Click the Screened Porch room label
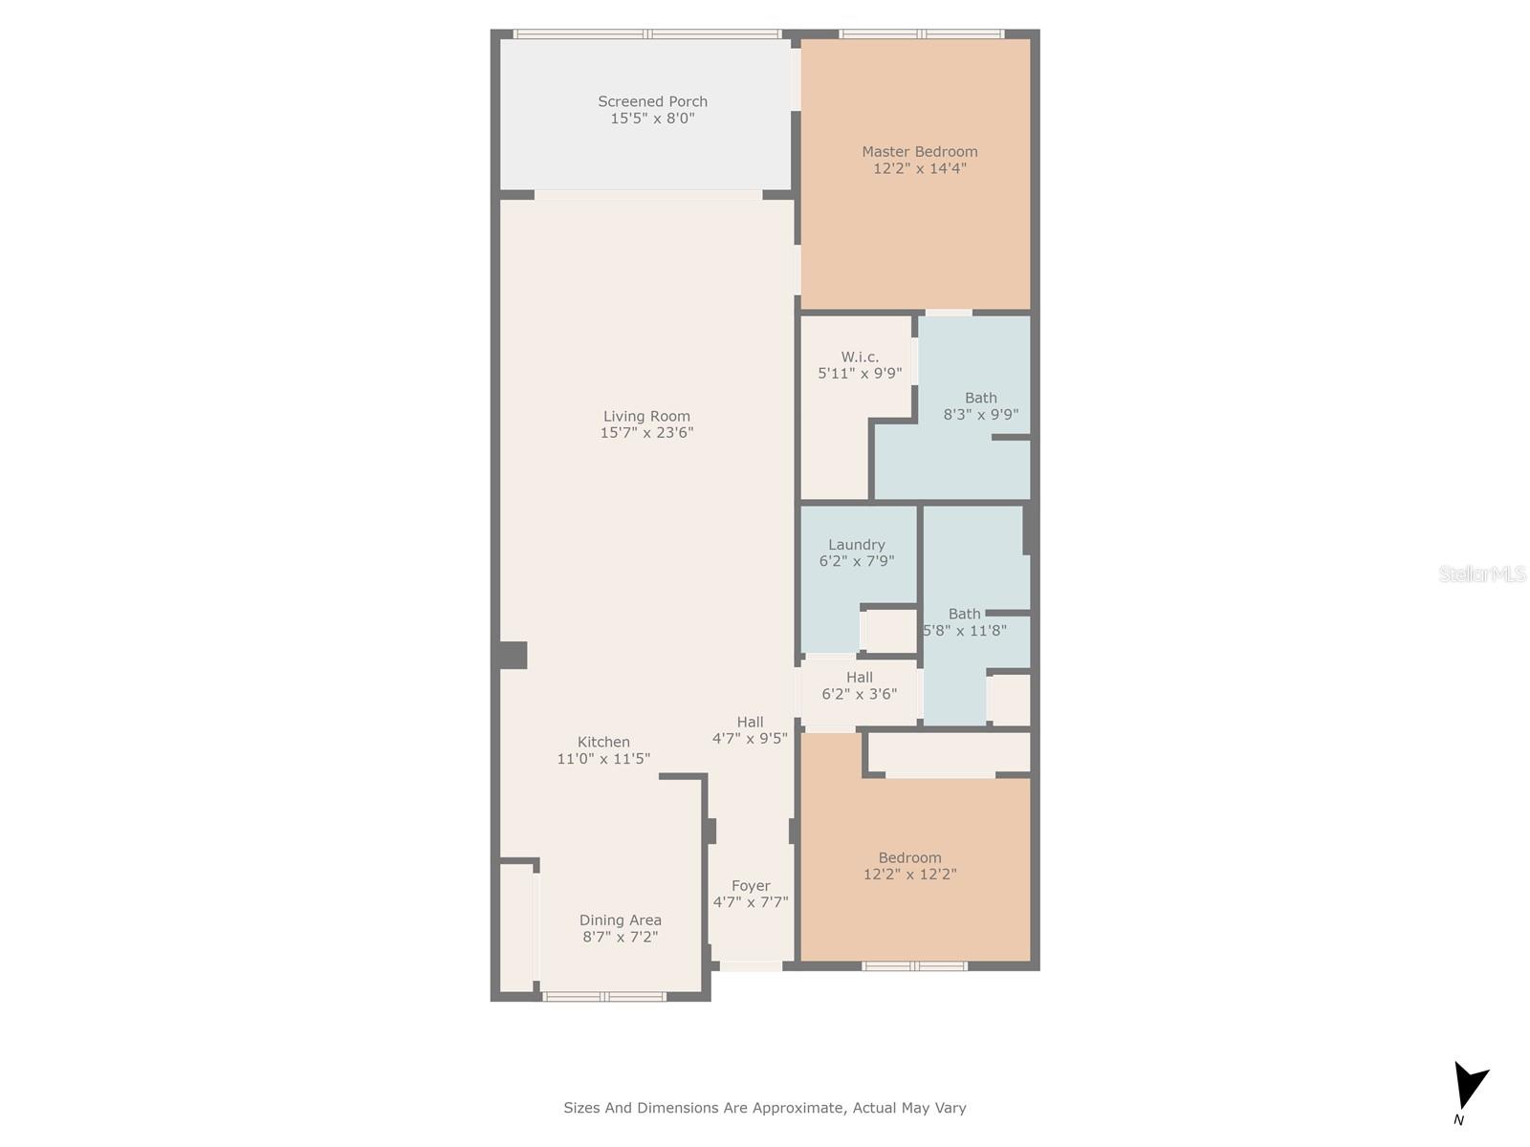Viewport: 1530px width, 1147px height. (652, 101)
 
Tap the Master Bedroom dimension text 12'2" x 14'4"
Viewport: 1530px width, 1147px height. (919, 168)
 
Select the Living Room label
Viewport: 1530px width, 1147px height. (646, 417)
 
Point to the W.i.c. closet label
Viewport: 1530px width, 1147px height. (860, 357)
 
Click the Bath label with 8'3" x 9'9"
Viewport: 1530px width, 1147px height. (981, 399)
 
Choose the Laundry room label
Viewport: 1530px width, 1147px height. (857, 545)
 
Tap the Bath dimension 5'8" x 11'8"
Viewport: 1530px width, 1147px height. (965, 631)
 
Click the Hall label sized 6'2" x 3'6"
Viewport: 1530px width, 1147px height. (860, 678)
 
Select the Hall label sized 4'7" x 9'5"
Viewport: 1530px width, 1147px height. (750, 723)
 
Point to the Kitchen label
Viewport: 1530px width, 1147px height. (603, 743)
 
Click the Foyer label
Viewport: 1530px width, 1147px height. (751, 887)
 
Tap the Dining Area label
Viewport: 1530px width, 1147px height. (621, 920)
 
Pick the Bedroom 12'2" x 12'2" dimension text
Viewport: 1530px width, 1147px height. (909, 875)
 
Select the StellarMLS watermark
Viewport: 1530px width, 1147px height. (1482, 573)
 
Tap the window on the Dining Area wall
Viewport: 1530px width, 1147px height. (604, 997)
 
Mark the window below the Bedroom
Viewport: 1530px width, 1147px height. (914, 966)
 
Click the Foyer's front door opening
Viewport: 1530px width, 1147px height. (751, 966)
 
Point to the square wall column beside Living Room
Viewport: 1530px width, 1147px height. (513, 656)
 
